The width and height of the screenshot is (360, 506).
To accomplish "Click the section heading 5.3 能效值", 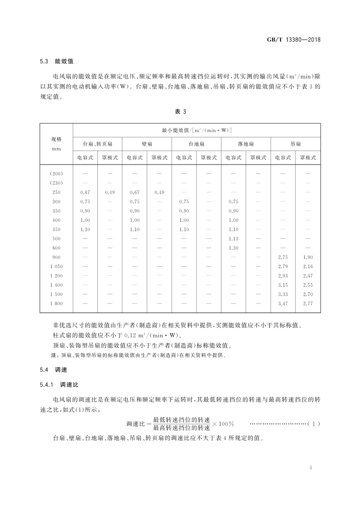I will (56, 62).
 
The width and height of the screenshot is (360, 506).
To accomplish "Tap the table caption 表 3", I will (181, 111).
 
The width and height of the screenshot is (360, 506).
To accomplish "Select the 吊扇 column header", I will (296, 143).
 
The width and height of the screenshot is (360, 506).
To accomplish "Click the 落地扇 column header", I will (246, 143).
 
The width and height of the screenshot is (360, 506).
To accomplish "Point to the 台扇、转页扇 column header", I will (97, 143).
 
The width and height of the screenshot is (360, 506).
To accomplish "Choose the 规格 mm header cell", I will (56, 143).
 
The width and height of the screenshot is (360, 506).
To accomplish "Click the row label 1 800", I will (56, 303).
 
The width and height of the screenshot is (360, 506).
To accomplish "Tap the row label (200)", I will (56, 174).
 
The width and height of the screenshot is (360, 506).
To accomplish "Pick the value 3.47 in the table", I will (283, 303).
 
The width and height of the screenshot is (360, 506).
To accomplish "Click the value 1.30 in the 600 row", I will (233, 248).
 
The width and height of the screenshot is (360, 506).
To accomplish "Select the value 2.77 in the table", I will (308, 303).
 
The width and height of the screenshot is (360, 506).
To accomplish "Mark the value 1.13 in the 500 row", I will (233, 239).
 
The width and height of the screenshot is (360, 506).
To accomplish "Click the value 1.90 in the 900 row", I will (308, 257).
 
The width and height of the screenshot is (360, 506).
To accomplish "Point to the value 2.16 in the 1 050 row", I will (308, 267).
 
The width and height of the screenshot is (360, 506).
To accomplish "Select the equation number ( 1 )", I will (314, 424).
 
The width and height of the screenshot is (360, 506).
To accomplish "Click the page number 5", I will (311, 468).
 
